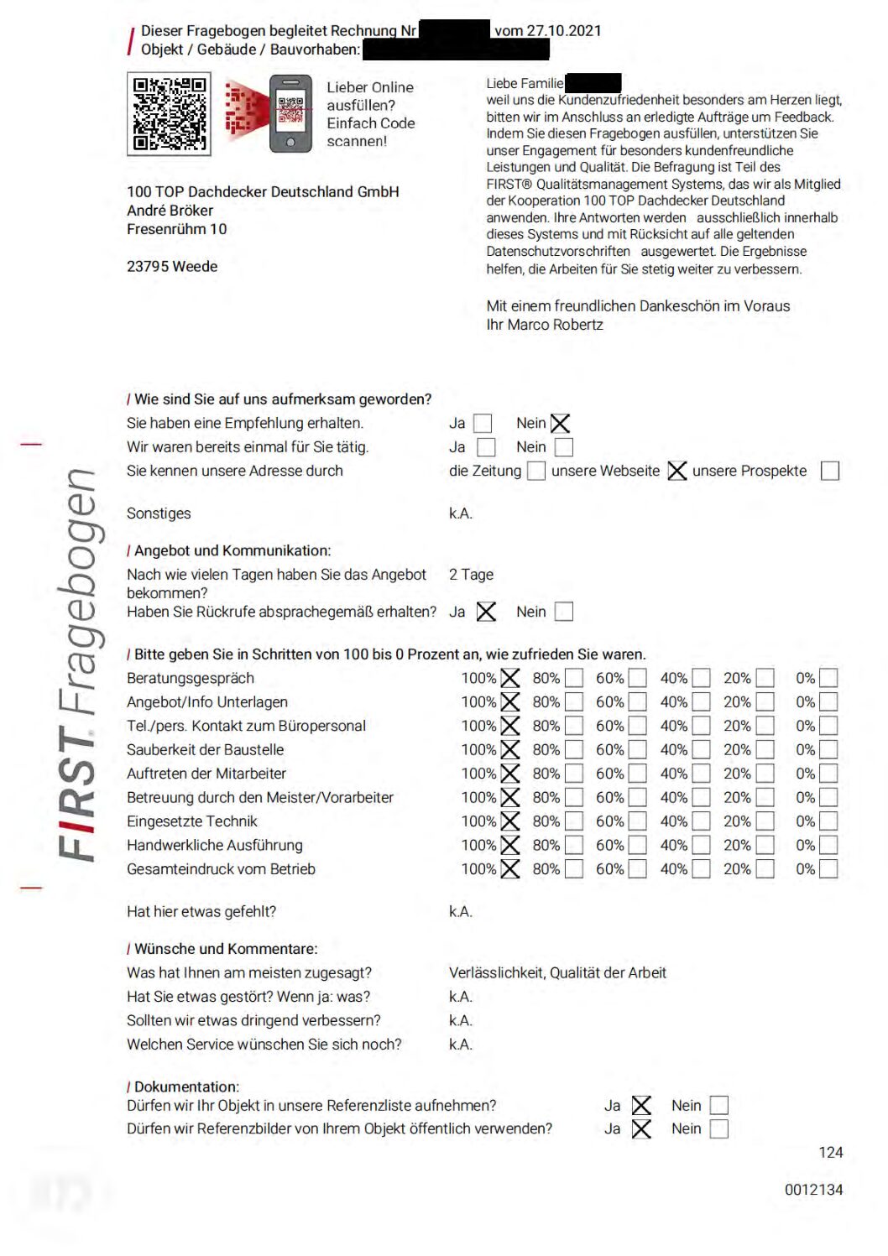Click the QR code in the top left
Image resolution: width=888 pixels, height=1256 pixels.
point(169,113)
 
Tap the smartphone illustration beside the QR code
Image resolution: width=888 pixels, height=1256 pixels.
point(290,113)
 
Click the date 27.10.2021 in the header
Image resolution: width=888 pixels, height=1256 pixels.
point(563,31)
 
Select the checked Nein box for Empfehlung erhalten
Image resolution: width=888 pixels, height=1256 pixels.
point(561,424)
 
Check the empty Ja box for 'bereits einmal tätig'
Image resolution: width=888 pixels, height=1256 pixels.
point(486,447)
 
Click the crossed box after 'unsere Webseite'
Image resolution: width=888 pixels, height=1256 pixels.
point(676,471)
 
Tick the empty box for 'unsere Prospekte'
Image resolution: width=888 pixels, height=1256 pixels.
point(829,471)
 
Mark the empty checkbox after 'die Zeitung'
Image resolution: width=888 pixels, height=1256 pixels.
point(535,471)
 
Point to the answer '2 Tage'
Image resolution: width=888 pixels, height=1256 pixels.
point(471,575)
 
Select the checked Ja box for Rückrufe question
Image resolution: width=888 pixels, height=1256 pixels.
point(486,612)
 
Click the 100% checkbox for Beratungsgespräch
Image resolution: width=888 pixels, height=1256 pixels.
point(510,678)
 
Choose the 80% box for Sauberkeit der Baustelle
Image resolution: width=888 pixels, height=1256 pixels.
point(574,749)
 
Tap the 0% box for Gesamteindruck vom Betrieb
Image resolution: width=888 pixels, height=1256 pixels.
point(828,869)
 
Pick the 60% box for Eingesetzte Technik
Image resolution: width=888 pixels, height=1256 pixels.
point(638,821)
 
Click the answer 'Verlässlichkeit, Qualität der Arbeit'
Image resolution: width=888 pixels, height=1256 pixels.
point(557,972)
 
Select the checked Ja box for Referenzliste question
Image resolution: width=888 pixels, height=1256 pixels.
point(641,1106)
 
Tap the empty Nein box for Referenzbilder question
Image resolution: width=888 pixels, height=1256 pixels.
point(719,1129)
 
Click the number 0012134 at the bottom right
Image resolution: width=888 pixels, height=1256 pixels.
point(813,1190)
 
